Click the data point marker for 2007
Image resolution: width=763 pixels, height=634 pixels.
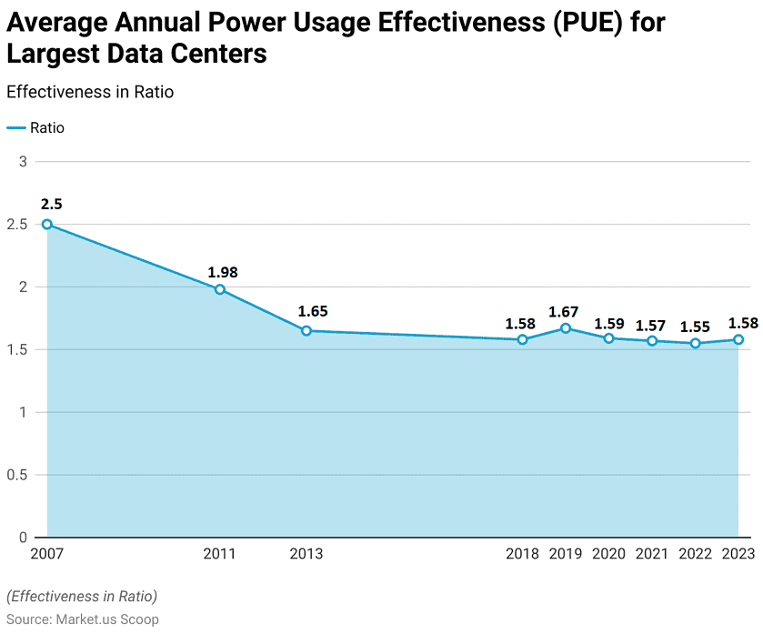pos(47,224)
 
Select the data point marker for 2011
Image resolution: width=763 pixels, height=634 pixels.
pos(219,289)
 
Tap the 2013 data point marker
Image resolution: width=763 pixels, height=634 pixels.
pos(306,331)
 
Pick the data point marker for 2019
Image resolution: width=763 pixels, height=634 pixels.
pos(566,328)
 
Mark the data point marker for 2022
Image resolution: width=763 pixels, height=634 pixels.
pos(696,343)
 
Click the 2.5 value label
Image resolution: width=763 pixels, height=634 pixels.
pos(51,204)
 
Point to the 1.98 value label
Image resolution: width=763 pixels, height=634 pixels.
pos(223,272)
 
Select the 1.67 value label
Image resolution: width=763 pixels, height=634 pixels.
pos(564,312)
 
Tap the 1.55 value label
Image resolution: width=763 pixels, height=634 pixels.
pos(696,327)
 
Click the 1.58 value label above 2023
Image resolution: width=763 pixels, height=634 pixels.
pos(743,322)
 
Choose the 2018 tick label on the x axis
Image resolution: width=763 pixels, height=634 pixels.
pos(522,554)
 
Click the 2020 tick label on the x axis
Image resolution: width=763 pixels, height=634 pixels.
pos(608,554)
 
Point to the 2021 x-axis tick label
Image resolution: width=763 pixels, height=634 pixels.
pos(652,554)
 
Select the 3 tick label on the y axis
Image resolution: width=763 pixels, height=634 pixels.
pos(24,162)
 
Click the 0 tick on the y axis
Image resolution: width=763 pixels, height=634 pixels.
pos(24,538)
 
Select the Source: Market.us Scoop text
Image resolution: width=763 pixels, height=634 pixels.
pos(83,619)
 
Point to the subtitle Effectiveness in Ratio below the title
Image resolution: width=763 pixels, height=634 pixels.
pos(90,92)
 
